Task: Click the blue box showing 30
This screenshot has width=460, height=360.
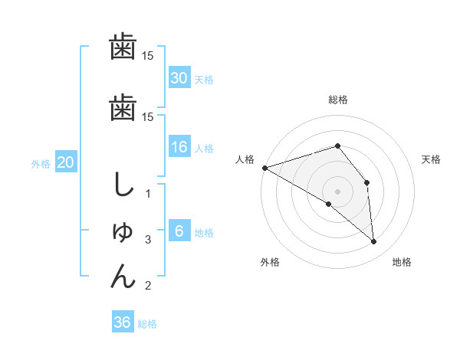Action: (x=179, y=77)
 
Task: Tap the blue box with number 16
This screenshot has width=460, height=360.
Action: (x=179, y=147)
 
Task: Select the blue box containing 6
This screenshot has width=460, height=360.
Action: (x=179, y=231)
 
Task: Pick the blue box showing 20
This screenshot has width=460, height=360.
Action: (x=66, y=162)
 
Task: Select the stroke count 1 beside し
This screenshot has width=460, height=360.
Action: (x=148, y=194)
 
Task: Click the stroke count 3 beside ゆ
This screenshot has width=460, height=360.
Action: (x=148, y=240)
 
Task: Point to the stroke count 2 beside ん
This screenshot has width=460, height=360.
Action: (x=148, y=286)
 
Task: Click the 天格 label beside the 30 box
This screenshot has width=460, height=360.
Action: (x=204, y=79)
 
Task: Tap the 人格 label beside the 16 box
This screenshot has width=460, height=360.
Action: (x=204, y=149)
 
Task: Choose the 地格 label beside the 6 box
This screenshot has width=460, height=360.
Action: (x=204, y=233)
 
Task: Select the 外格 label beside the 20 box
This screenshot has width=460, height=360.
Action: (x=41, y=163)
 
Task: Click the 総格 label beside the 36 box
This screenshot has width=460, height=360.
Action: (x=147, y=324)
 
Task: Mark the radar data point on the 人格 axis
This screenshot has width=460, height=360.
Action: (x=264, y=168)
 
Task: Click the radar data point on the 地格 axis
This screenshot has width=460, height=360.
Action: (x=373, y=242)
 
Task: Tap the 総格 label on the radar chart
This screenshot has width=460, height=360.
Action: (x=338, y=100)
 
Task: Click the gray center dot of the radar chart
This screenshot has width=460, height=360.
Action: (x=338, y=191)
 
